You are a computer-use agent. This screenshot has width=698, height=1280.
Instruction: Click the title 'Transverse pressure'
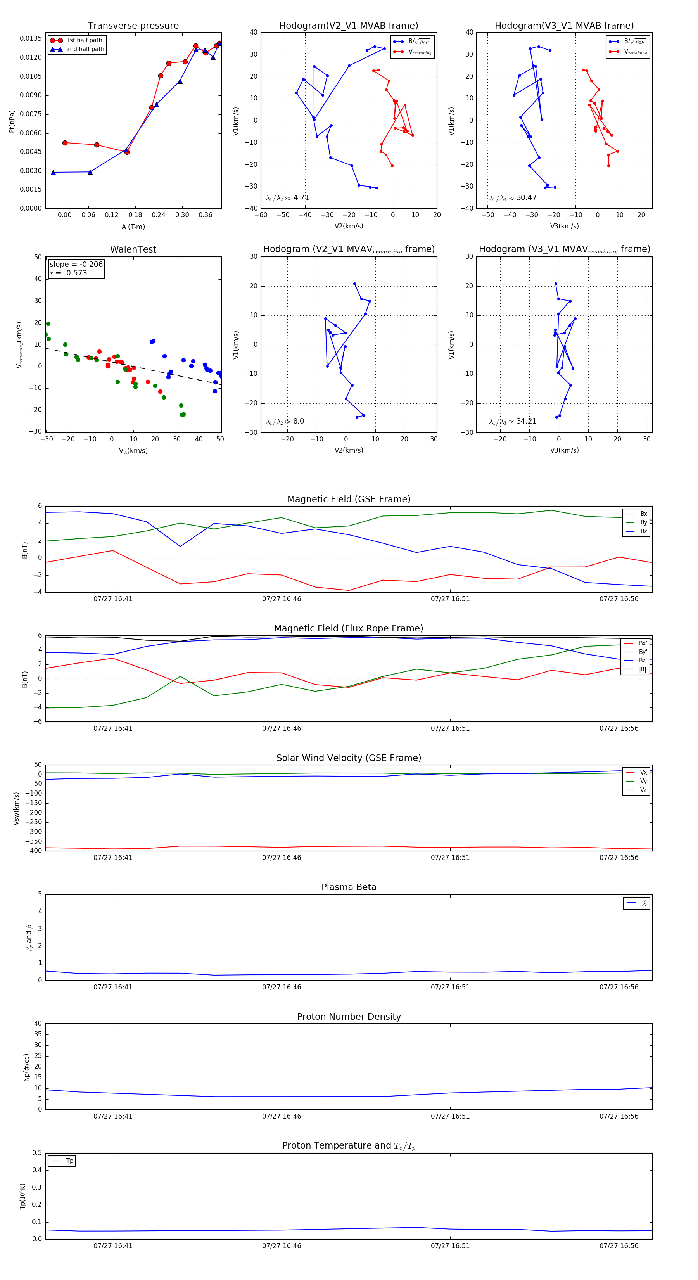133,26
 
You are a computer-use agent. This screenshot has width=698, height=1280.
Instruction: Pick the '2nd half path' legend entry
85,49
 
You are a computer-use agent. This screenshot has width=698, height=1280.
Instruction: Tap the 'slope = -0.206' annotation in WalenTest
76,265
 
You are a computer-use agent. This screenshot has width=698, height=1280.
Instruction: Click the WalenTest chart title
133,249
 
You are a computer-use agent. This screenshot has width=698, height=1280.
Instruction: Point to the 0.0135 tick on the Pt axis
31,39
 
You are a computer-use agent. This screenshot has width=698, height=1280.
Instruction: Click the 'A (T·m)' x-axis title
133,227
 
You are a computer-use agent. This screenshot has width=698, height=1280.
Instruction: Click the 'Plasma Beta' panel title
349,887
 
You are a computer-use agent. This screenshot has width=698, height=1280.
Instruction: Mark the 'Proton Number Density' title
349,1017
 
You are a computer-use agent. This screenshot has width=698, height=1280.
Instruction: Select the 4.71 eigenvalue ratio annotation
301,198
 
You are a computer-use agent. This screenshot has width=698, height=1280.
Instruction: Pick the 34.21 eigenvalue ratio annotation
526,421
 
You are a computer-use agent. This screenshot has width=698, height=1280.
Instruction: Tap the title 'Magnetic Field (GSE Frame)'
349,499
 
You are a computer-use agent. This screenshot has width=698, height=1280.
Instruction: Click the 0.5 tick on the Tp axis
37,1153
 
